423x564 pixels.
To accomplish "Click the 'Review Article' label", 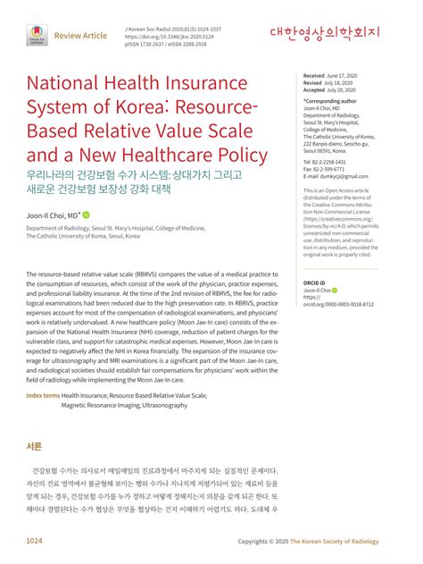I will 81,36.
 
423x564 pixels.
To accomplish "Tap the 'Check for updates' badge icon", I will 35,35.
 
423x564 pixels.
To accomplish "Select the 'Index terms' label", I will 43,395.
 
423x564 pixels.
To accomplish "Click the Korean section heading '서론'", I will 35,446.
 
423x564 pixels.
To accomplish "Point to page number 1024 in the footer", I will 35,542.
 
